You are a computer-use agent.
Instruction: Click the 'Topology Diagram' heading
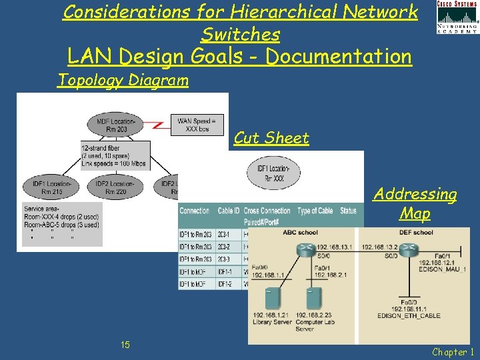click(123, 81)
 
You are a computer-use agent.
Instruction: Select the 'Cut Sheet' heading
click(271, 138)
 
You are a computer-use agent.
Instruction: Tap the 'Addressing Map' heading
click(415, 203)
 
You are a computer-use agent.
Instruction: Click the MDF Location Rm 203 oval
click(116, 125)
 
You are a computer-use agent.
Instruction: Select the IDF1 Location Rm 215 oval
click(47, 186)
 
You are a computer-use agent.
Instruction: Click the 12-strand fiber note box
click(115, 155)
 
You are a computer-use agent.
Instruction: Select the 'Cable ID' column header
click(228, 211)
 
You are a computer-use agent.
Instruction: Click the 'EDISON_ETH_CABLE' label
click(408, 315)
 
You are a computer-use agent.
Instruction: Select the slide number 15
click(125, 344)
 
